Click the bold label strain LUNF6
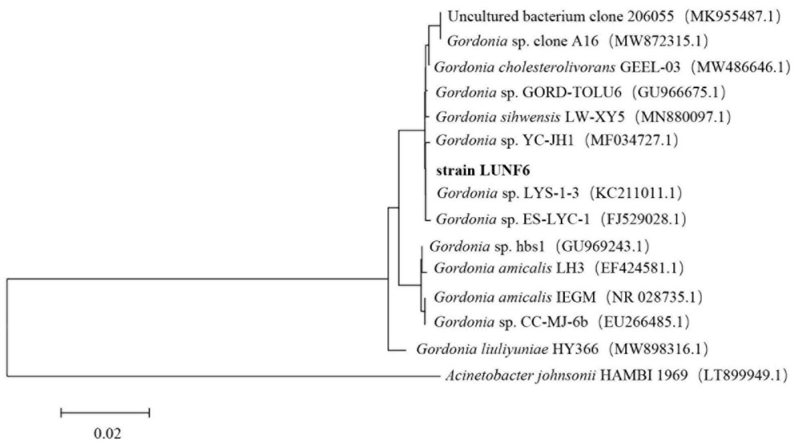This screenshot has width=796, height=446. click(483, 171)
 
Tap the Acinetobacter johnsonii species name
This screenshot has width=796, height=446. click(520, 375)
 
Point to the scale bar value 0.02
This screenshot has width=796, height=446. click(107, 433)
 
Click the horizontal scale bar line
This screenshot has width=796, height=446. click(105, 413)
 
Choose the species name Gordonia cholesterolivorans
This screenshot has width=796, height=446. click(525, 67)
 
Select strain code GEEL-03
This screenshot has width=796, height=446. click(650, 67)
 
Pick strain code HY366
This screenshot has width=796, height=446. click(575, 349)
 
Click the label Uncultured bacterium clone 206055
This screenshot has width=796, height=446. click(560, 17)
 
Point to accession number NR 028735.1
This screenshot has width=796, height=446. click(654, 297)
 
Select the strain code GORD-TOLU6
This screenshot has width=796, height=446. click(572, 92)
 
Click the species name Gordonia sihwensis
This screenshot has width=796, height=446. click(498, 117)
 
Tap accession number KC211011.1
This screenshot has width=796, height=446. click(636, 193)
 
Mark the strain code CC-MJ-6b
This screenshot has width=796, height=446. click(554, 322)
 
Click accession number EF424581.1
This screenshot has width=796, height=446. click(639, 268)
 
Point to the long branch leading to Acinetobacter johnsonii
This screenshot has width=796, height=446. click(223, 376)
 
